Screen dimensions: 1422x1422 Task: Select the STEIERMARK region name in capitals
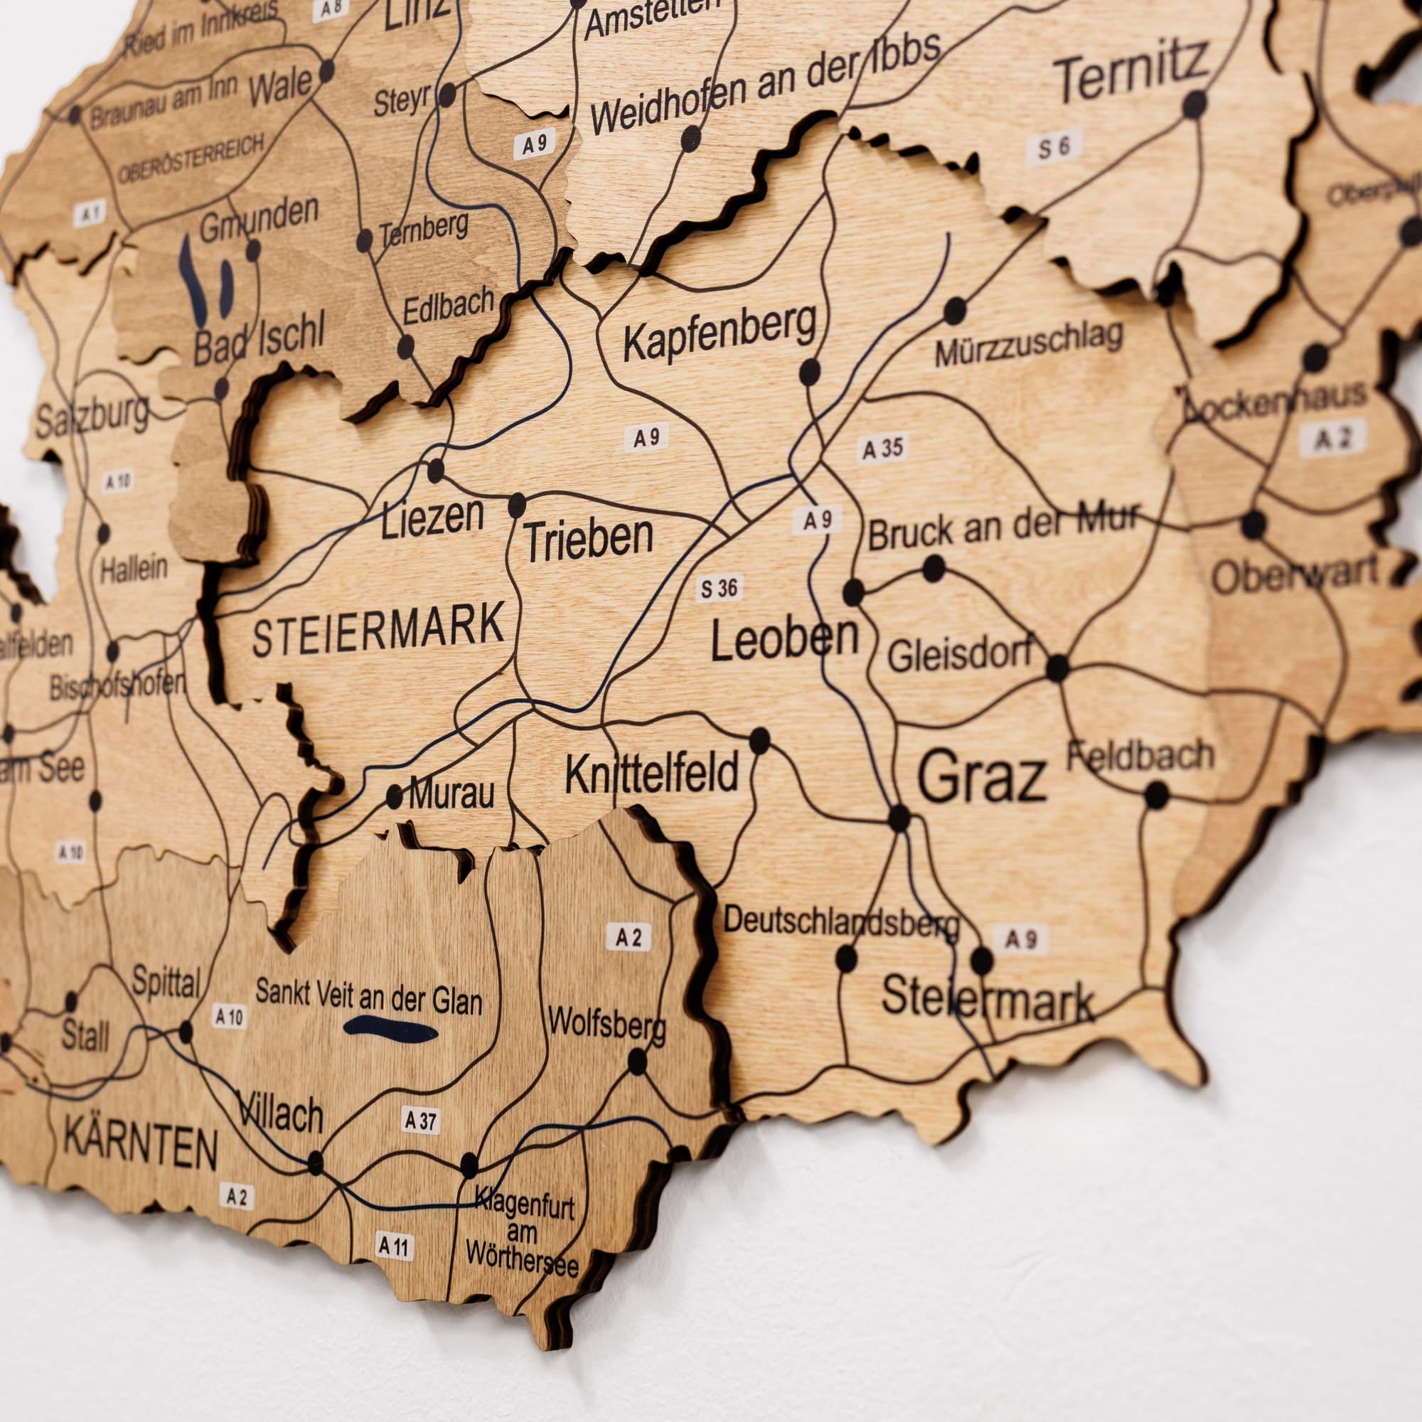378,629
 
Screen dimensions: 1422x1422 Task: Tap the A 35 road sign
882,448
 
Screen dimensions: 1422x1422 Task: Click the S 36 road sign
719,589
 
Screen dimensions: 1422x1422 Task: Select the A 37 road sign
420,1121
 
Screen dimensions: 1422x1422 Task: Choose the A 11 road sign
393,1247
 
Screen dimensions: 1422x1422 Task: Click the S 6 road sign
1053,147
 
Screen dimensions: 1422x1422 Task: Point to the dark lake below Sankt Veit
390,1029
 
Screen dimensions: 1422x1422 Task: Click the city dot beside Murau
395,796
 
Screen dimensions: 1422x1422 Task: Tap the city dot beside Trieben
518,506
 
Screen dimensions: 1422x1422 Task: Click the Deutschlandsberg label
841,923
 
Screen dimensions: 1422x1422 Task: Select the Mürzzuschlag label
1028,343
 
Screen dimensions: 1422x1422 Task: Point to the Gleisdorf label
960,654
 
